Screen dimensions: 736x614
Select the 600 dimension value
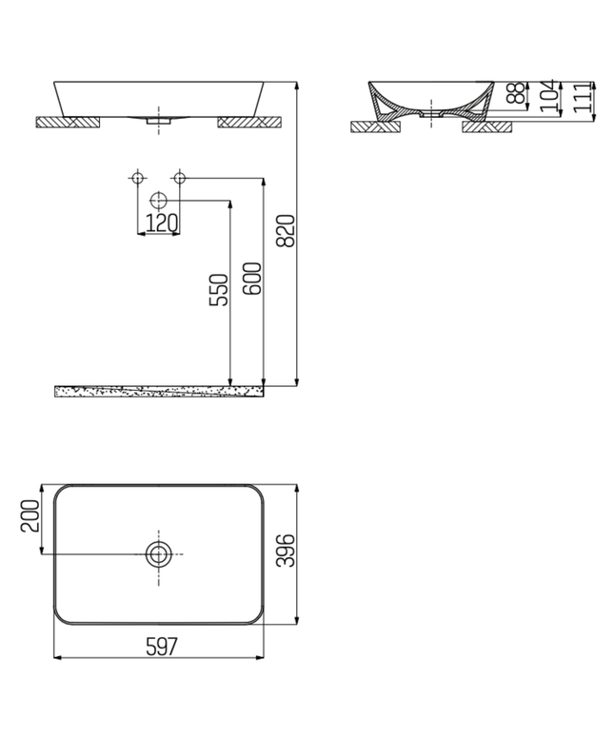pyautogui.click(x=252, y=278)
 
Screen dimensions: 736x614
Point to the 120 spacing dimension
pyautogui.click(x=160, y=223)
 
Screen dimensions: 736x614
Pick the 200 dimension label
pyautogui.click(x=29, y=518)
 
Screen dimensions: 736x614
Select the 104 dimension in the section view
pyautogui.click(x=549, y=98)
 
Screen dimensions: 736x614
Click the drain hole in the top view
pyautogui.click(x=158, y=553)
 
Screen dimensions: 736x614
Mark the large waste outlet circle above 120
pyautogui.click(x=159, y=201)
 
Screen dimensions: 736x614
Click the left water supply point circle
pyautogui.click(x=137, y=178)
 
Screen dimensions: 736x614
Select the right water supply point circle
pyautogui.click(x=179, y=178)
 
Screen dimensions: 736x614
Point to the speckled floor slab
pyautogui.click(x=159, y=391)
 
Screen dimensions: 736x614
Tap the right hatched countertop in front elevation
pyautogui.click(x=249, y=122)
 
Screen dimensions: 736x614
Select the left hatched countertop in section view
pyautogui.click(x=372, y=126)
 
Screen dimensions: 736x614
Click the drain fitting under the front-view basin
pyautogui.click(x=158, y=120)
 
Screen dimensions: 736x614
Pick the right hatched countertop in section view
pyautogui.click(x=487, y=126)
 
